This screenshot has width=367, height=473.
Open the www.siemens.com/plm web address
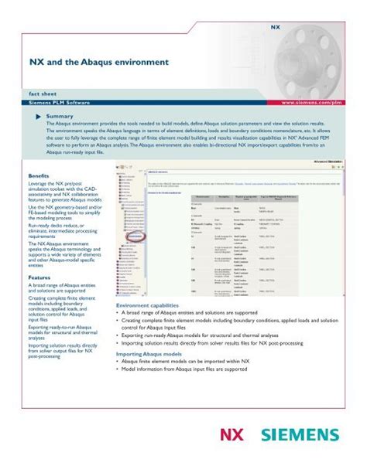[314, 102]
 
